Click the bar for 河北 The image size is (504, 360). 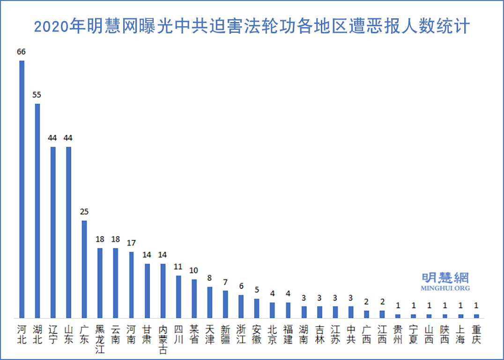point(22,189)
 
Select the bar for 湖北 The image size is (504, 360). point(37,211)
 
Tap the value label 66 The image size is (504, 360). point(21,52)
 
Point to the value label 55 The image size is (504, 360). point(37,95)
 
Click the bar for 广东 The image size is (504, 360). point(84,269)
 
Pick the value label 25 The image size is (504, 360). point(84,212)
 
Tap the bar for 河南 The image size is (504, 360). point(132,285)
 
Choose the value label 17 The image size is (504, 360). point(131,243)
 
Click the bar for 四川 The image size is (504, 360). point(178,297)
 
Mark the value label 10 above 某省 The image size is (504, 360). point(194,270)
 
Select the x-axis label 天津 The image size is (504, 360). point(210,334)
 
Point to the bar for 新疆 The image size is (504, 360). point(225,304)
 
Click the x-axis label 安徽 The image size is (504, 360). point(257,334)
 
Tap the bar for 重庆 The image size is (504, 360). point(476,316)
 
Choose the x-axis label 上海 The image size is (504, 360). point(460,334)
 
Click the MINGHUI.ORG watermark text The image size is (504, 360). point(445,288)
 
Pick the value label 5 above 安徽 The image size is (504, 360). point(257,290)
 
